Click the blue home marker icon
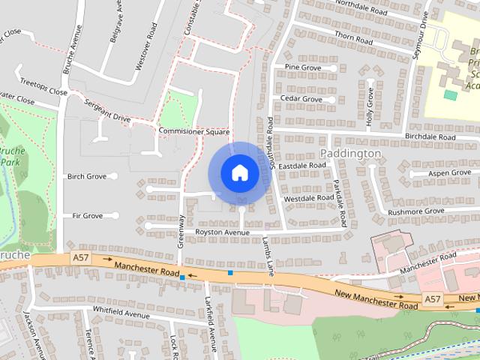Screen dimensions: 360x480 (x=239, y=173)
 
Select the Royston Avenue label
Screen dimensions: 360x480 (x=222, y=232)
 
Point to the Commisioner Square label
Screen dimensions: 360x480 (x=193, y=131)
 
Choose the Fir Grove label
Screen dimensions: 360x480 (x=87, y=216)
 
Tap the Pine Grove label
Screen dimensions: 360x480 (x=302, y=67)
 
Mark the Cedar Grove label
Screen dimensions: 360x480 (x=301, y=99)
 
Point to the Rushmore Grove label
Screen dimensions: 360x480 (x=416, y=211)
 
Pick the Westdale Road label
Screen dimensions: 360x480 (x=309, y=198)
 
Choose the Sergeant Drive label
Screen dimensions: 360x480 (x=107, y=111)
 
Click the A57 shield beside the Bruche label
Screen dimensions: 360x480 (x=80, y=257)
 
